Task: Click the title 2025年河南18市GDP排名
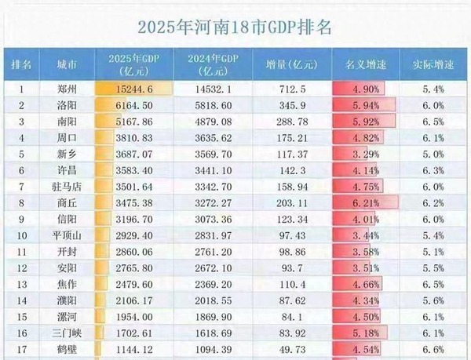point(235,27)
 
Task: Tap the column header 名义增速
point(366,64)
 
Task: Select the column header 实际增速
point(433,64)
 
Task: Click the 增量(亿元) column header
point(292,64)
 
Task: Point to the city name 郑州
point(67,89)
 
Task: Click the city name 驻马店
point(67,187)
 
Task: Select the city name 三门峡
point(67,333)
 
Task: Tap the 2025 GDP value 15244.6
point(134,89)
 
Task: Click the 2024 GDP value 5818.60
point(214,106)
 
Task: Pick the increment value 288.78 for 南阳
point(292,122)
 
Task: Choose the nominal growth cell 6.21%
point(366,203)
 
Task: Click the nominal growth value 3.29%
point(366,155)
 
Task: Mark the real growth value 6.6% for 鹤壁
point(433,350)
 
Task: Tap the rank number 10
point(22,236)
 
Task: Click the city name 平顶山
point(67,235)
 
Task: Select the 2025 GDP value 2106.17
point(134,300)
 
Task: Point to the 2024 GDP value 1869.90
point(214,317)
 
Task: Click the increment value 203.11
point(292,203)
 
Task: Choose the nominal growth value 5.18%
point(366,333)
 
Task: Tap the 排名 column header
point(21,64)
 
